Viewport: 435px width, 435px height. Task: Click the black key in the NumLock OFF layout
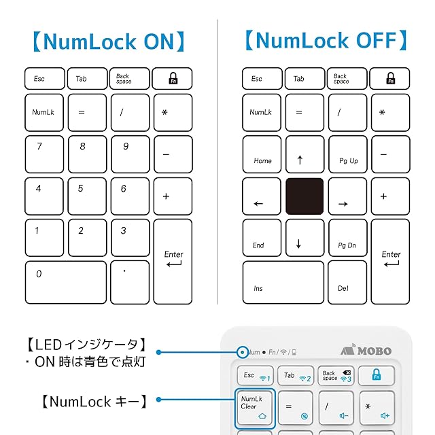point(304,196)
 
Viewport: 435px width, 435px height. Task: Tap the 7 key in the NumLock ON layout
point(45,154)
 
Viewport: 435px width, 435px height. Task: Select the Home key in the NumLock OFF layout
point(262,154)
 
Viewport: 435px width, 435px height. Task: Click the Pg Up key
point(347,154)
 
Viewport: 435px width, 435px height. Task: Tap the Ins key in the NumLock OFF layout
point(283,281)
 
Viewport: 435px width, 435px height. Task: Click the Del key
point(347,281)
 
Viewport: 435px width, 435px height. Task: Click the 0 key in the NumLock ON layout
point(66,281)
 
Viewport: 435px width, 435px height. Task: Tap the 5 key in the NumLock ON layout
point(87,196)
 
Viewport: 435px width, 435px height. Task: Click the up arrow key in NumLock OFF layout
point(304,154)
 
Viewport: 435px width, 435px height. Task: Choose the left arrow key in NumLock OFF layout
point(262,196)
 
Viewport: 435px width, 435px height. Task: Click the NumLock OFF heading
point(326,41)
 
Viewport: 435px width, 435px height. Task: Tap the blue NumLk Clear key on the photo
point(255,407)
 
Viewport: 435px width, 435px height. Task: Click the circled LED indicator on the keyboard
point(243,352)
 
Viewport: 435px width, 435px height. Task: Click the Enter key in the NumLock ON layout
point(173,260)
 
